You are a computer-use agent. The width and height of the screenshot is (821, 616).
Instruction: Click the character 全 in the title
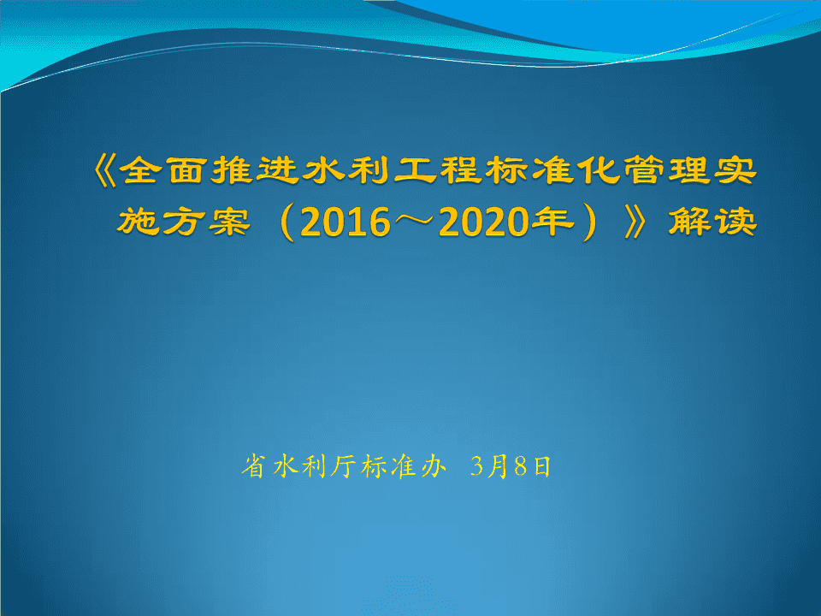[140, 171]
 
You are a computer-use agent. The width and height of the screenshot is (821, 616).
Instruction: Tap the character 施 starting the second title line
[137, 221]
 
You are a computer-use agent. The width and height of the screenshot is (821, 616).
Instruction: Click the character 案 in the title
[229, 221]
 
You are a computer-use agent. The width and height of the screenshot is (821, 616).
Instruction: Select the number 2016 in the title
[346, 222]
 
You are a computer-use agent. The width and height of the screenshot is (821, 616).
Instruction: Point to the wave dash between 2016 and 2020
[415, 221]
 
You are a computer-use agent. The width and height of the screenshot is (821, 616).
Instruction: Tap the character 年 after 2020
[551, 221]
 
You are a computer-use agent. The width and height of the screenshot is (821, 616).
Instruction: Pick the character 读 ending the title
[735, 221]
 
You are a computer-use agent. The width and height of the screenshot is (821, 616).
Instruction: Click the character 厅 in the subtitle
[344, 465]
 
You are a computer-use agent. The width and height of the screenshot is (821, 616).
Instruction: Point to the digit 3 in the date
[476, 466]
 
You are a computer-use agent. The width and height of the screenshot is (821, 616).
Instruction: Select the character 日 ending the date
[542, 466]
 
